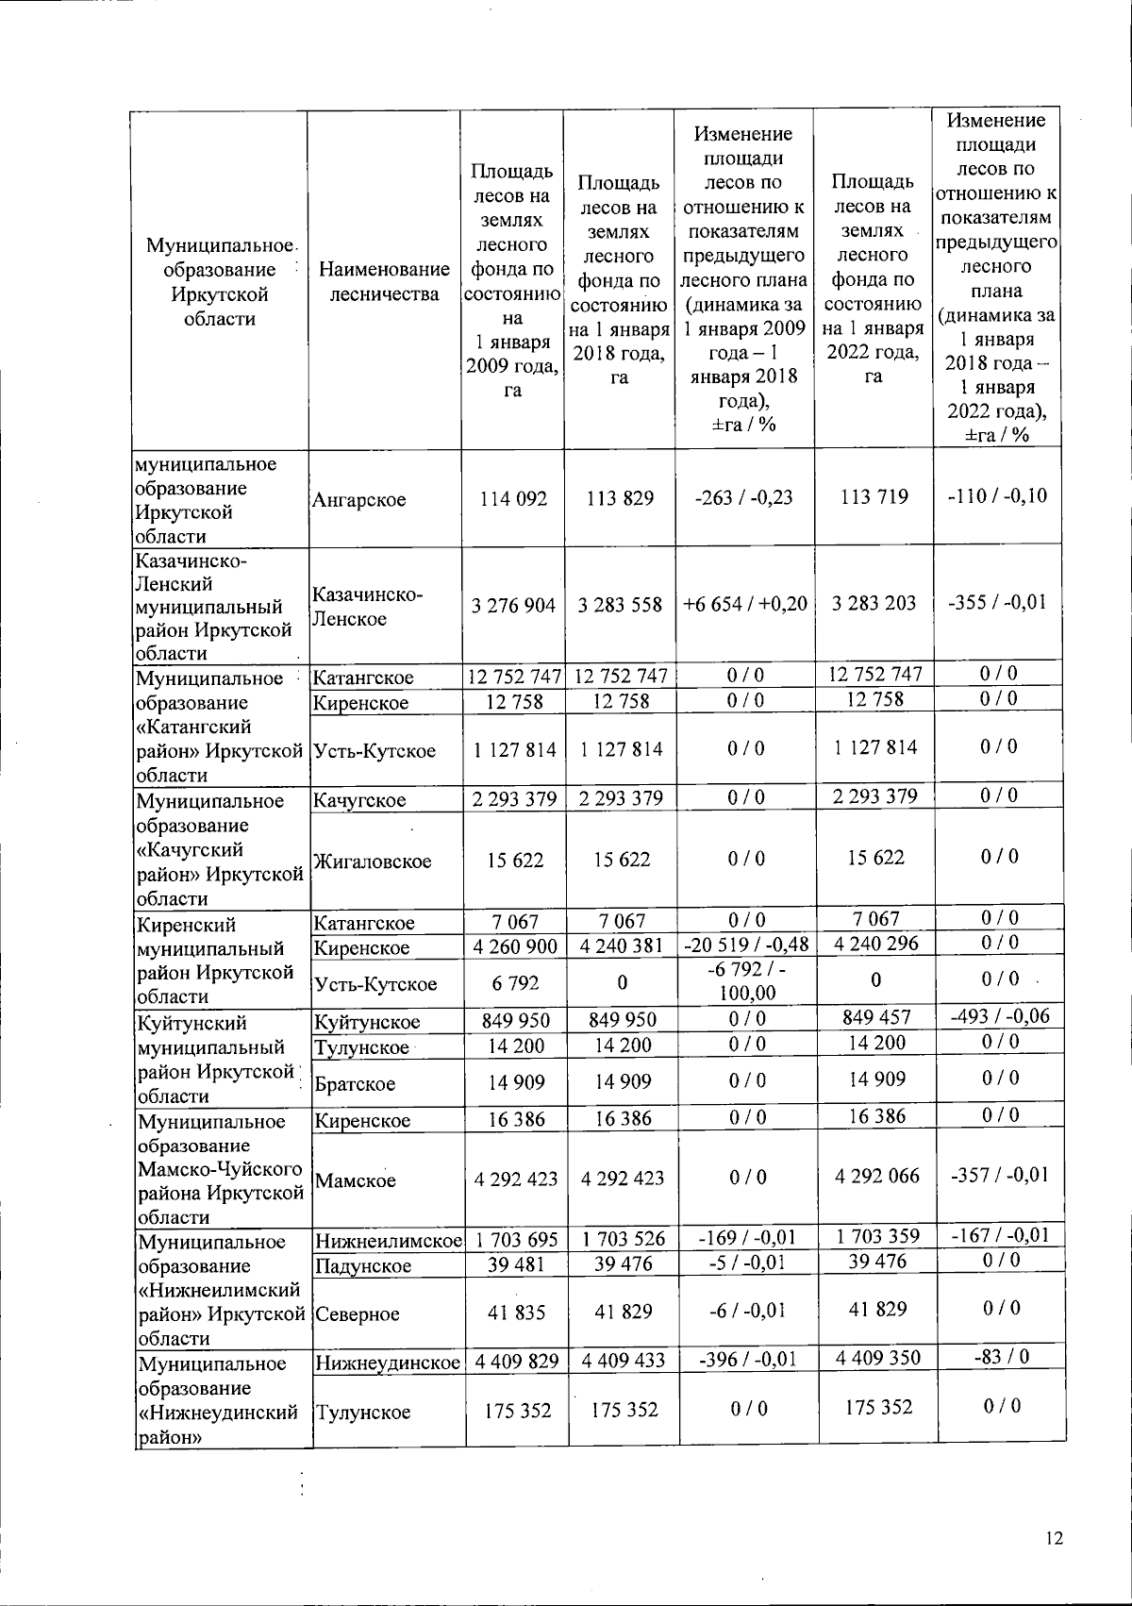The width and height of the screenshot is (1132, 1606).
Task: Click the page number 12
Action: click(x=1055, y=1539)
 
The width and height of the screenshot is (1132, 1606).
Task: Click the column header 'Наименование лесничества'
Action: click(x=384, y=282)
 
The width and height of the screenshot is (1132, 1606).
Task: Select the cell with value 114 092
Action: click(x=512, y=498)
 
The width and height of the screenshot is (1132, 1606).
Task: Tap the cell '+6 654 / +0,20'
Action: click(x=744, y=604)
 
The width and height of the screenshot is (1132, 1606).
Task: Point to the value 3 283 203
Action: click(x=874, y=603)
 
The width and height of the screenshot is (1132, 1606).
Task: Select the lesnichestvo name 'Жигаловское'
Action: click(x=372, y=861)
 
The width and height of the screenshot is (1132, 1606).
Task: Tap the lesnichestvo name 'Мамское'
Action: click(x=355, y=1180)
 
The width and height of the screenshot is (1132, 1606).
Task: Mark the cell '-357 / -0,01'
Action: click(x=998, y=1176)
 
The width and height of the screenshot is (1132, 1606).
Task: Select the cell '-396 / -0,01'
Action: click(x=744, y=1360)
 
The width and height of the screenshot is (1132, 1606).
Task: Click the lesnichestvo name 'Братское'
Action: click(x=355, y=1084)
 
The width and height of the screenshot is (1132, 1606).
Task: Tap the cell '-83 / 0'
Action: click(x=1000, y=1357)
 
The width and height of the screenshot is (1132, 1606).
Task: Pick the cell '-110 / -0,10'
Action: click(x=997, y=496)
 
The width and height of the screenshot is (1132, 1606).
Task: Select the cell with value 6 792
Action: click(x=515, y=983)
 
